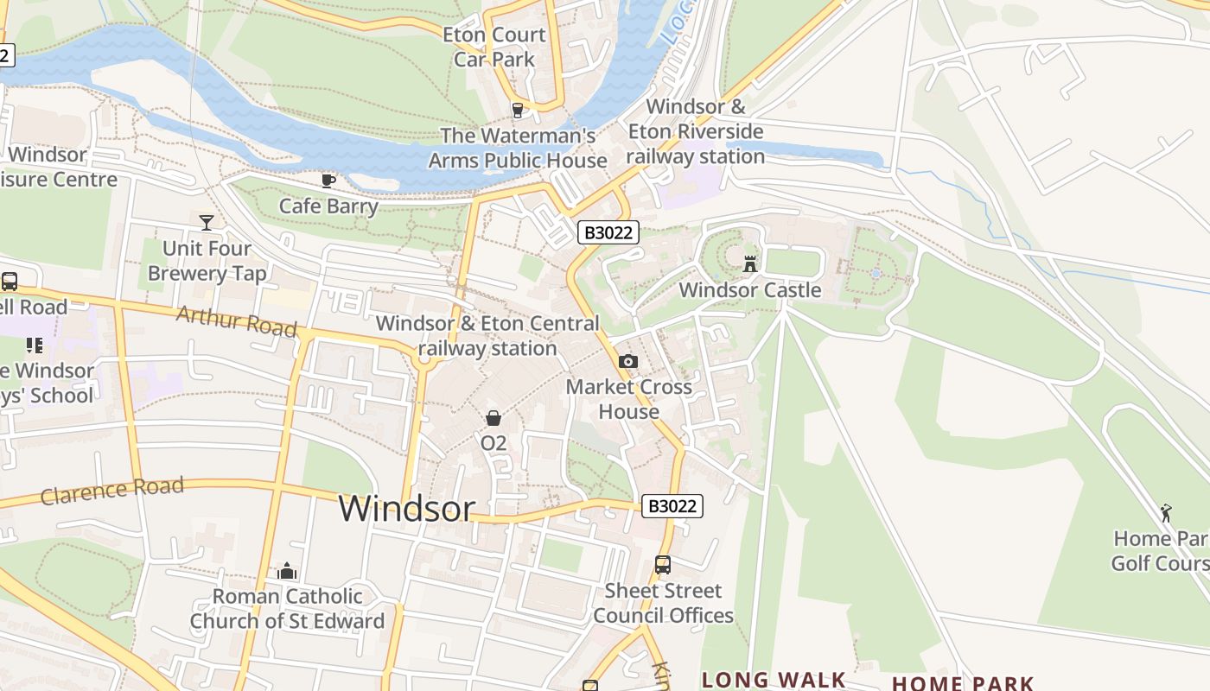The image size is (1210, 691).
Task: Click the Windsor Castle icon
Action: coord(750,263)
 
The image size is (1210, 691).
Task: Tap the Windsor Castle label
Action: coord(750,290)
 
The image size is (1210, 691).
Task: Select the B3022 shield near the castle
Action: coord(608,232)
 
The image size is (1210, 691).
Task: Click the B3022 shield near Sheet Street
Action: coord(672,506)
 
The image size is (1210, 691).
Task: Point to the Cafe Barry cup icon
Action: coord(328,181)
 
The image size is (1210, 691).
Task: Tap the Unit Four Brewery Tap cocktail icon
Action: coord(207,223)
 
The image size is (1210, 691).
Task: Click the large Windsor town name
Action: coord(407,508)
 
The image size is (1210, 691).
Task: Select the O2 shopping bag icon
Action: coord(494,419)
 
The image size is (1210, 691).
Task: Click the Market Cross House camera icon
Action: coord(628,362)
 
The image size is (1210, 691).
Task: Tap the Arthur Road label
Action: coord(236,321)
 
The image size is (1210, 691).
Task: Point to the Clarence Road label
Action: coord(112,491)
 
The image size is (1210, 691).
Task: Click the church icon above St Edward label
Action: coord(287,571)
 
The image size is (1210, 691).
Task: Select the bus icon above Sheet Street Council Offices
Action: coord(663,565)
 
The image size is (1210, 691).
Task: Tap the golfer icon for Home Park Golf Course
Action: coord(1166,513)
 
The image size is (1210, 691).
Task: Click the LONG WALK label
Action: coord(774,680)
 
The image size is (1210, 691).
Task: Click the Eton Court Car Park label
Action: coord(494,48)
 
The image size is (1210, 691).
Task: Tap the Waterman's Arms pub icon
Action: coord(518,110)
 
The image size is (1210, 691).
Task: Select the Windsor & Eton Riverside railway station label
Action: coord(696,131)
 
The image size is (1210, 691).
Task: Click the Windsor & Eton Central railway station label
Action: coord(487,336)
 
